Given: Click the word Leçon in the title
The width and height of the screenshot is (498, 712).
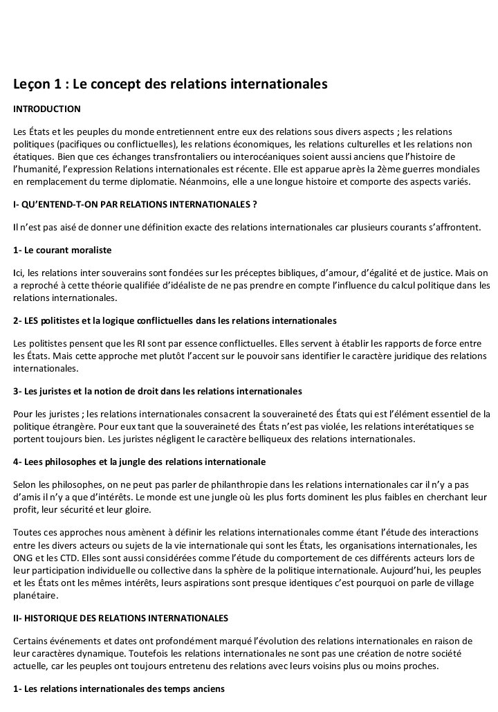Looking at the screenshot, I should tap(31, 85).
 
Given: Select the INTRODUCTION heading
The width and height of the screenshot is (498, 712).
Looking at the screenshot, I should tap(47, 109).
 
